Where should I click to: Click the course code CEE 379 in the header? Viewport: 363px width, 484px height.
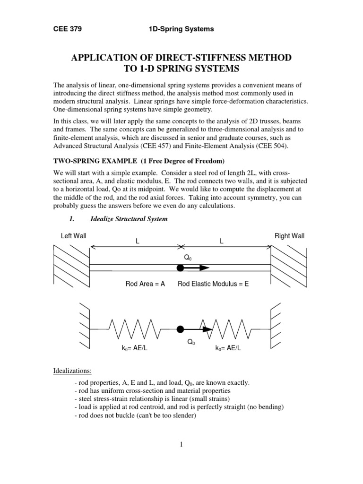(x=68, y=29)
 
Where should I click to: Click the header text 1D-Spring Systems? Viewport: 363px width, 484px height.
(x=181, y=29)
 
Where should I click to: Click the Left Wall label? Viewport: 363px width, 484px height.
(x=73, y=236)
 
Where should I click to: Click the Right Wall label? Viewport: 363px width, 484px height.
(x=289, y=236)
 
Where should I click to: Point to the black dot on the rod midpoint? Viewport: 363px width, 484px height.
(x=180, y=268)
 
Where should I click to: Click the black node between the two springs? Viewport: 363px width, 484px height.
(x=180, y=329)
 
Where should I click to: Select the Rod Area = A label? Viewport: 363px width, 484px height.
(x=145, y=284)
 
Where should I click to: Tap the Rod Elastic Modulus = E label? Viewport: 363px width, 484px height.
(x=213, y=284)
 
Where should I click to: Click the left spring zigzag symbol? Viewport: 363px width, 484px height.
(x=129, y=328)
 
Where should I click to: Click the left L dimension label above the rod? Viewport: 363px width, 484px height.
(x=138, y=241)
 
